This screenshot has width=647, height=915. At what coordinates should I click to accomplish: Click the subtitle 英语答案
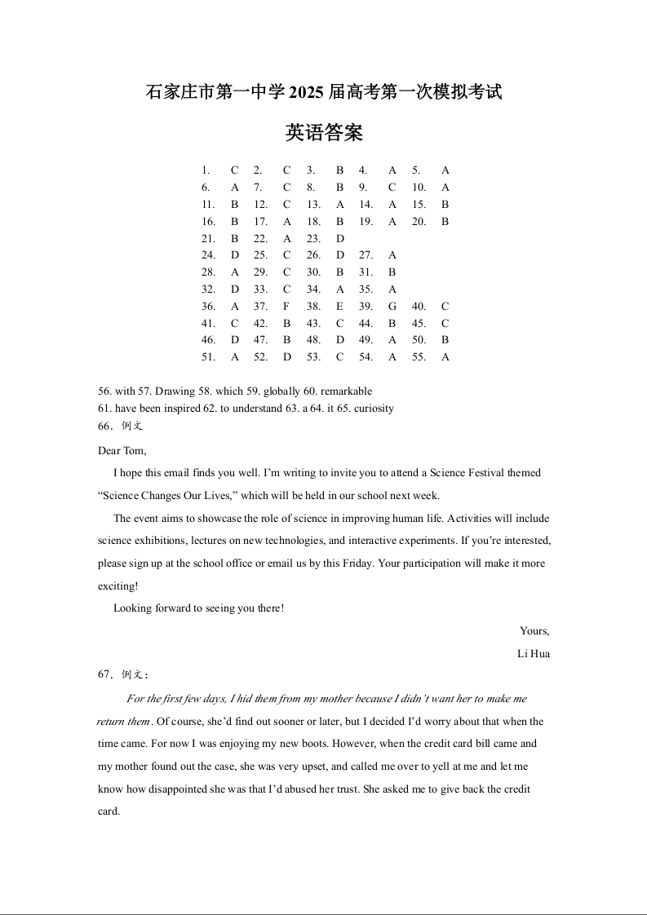pos(324,133)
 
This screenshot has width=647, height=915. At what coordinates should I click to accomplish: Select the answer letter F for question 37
pos(286,307)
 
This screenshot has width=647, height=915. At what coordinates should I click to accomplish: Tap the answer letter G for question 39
pos(392,307)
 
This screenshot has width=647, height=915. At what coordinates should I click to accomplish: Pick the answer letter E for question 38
pos(339,307)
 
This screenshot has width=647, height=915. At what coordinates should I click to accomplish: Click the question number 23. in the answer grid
pos(312,239)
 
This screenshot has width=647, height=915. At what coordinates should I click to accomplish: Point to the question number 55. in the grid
pos(419,357)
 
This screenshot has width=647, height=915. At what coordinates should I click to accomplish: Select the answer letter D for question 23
pos(339,239)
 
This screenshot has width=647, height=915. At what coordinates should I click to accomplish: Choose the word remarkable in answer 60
pos(346,391)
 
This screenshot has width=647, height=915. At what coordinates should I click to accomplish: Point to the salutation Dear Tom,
pos(122,451)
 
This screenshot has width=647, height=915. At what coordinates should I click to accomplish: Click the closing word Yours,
pos(534,631)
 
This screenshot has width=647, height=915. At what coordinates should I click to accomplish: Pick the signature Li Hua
pos(534,654)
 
